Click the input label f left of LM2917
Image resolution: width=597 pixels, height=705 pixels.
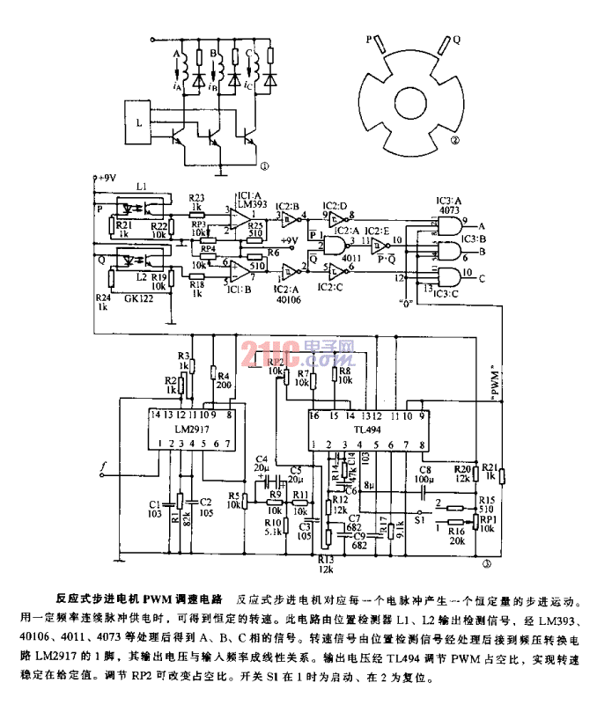(103, 465)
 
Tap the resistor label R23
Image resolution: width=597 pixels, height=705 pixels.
(197, 197)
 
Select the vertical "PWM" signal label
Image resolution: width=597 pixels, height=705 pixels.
(497, 379)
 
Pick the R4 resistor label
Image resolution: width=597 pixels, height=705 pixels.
(223, 376)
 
